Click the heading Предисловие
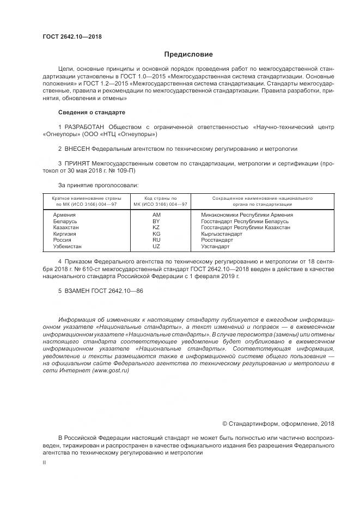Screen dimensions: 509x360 (x=189, y=54)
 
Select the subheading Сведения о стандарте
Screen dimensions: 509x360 (x=91, y=112)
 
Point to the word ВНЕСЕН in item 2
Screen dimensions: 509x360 (x=77, y=148)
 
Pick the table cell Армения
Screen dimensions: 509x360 (x=64, y=215)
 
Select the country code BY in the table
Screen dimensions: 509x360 (x=156, y=222)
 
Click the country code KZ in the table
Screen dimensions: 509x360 (x=156, y=228)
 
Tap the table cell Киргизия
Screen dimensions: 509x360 (x=65, y=234)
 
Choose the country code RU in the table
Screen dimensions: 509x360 (x=156, y=240)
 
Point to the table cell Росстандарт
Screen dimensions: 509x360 (x=217, y=240)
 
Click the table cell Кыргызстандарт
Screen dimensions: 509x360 (x=221, y=234)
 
